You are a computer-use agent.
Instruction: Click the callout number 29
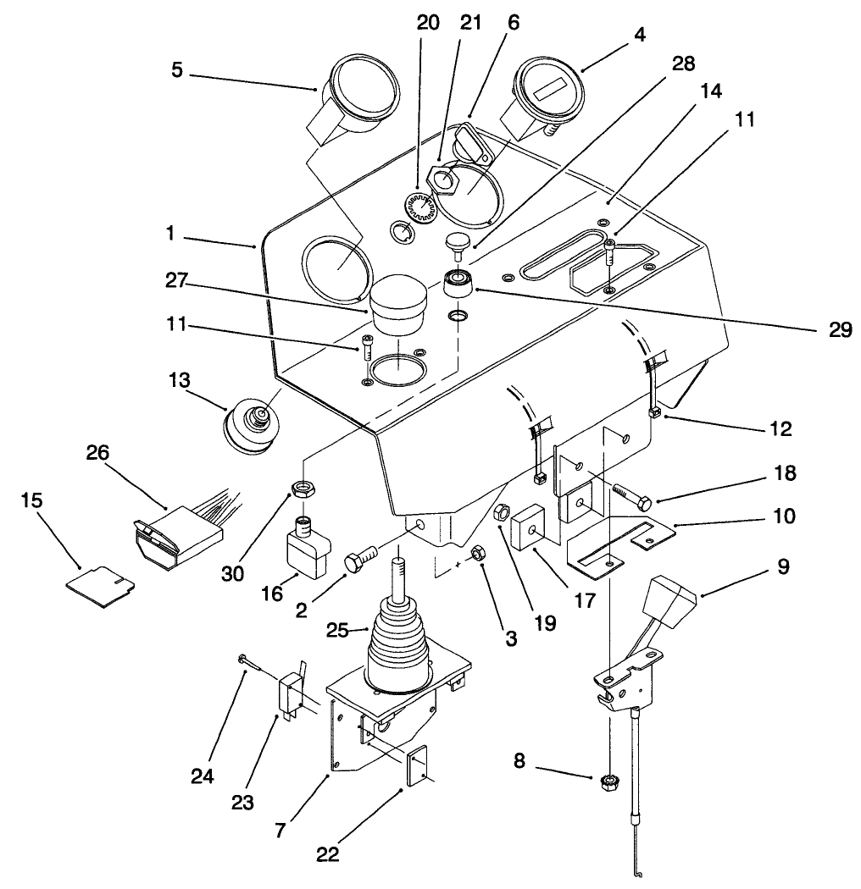(841, 329)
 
